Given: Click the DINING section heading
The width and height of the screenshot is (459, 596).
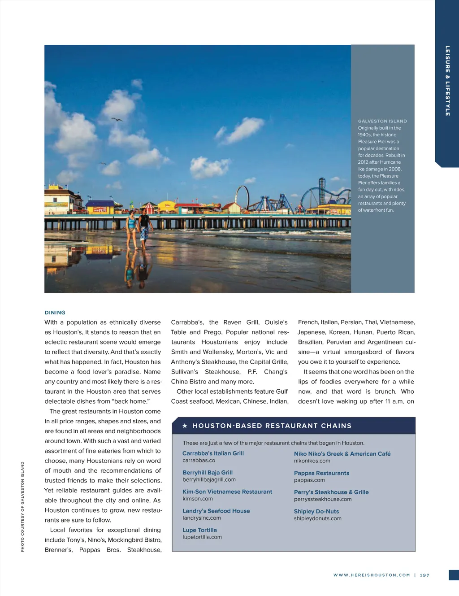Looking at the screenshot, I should pos(55,313).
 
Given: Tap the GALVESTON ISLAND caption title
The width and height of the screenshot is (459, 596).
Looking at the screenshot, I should pos(382,121).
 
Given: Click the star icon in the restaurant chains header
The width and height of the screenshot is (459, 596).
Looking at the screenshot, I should pos(185,426).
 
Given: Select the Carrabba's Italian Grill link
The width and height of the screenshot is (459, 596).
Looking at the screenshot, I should pos(213,453).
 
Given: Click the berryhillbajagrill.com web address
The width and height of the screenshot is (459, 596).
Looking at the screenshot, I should pos(209,479).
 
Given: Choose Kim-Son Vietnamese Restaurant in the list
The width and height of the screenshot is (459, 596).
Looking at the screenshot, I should pos(227,492).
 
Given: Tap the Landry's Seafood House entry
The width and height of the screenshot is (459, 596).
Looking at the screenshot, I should pos(216,511).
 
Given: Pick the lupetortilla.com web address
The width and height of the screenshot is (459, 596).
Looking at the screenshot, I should pos(202,537).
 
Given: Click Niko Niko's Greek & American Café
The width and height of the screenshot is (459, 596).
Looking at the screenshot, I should pos(342,454).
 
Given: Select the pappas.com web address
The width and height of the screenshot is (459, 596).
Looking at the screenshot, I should pos(309,480).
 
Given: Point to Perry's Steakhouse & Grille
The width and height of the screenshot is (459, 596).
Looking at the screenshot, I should pos(331,492).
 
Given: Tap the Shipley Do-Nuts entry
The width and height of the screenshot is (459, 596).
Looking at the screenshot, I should pos(316,511).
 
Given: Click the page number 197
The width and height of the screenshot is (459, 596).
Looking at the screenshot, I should pos(424,575).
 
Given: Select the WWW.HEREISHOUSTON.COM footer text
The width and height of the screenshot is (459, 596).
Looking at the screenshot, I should pos(372,575).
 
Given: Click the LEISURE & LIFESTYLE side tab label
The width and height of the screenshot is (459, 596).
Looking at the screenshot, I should pos(447,81).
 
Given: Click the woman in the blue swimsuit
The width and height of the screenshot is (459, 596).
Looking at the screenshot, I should pos(131,228).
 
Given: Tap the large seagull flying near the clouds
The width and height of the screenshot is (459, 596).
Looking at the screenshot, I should pos(117,119).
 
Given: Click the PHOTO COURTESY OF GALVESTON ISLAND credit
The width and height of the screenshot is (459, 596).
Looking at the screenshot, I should pos(22,507).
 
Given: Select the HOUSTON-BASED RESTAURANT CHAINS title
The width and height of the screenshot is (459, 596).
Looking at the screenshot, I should pos(272,426).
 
